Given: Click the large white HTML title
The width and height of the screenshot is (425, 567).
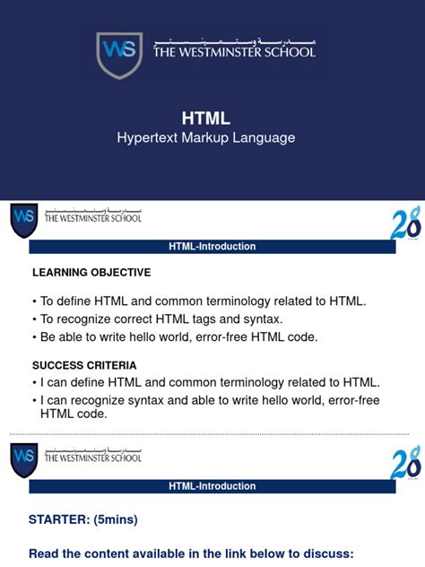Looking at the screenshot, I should click(x=206, y=118).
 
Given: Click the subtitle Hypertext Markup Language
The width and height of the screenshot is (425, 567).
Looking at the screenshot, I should click(x=206, y=138).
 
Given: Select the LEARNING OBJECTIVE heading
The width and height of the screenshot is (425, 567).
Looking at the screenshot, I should click(x=91, y=272).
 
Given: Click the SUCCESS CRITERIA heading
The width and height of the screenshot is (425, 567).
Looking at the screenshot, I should click(x=84, y=365).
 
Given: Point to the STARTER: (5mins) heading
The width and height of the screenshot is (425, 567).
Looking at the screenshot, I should click(x=83, y=519).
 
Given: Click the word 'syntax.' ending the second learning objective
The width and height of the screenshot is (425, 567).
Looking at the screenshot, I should click(x=263, y=318).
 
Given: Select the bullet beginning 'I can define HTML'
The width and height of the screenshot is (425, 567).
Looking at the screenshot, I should click(x=206, y=382).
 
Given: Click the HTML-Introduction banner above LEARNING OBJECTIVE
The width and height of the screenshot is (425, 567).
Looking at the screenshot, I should click(x=212, y=247).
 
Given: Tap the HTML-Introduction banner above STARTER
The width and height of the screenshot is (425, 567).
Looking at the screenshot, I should click(x=212, y=486).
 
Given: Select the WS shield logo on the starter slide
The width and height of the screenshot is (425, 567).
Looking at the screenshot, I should click(x=24, y=458).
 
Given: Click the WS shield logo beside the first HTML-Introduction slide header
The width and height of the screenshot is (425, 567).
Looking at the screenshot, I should click(x=24, y=219).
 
